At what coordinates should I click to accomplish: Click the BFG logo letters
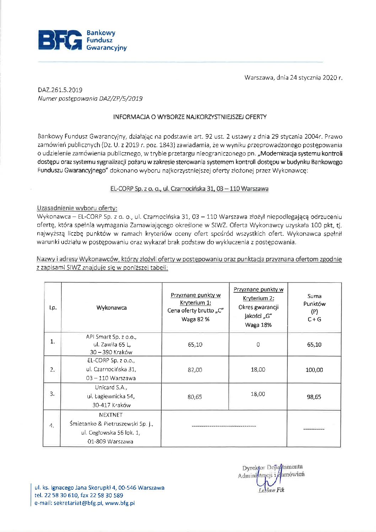[x=60, y=40]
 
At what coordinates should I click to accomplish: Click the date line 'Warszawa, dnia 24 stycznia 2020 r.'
[x=293, y=78]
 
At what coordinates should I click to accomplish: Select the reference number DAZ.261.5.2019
[x=60, y=90]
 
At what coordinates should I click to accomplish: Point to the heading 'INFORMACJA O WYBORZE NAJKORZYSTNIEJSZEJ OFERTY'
[x=190, y=117]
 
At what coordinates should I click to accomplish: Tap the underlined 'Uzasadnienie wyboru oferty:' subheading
[x=77, y=208]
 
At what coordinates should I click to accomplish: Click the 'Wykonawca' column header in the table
[x=112, y=308]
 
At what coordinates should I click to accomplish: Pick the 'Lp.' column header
[x=53, y=308]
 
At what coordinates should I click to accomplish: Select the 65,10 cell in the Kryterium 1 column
[x=195, y=345]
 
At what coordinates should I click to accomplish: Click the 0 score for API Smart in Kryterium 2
[x=258, y=344]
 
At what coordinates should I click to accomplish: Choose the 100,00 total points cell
[x=314, y=370]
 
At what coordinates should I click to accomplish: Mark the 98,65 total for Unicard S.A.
[x=314, y=397]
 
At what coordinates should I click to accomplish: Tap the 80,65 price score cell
[x=195, y=397]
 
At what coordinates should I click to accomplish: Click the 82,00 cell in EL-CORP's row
[x=195, y=370]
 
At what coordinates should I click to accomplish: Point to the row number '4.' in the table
[x=52, y=425]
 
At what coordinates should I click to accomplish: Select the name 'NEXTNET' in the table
[x=111, y=415]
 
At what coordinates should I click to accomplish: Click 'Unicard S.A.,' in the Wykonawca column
[x=111, y=387]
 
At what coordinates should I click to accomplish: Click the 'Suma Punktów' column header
[x=314, y=300]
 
